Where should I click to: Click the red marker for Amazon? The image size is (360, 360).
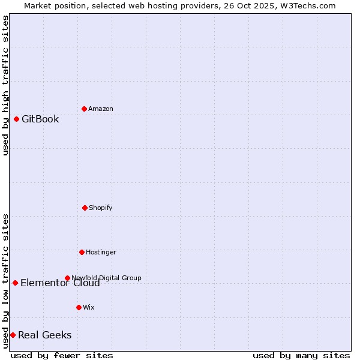pos(84,109)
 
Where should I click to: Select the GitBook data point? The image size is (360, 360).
pos(16,119)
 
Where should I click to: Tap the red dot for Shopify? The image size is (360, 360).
pos(85,208)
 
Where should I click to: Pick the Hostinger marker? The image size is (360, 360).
pos(82,252)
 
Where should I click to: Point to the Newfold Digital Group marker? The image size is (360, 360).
pos(67,278)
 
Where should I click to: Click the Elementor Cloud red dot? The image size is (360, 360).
pos(15,283)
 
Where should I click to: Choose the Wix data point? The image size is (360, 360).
pos(79,307)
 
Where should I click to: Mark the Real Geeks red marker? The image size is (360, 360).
pos(13,335)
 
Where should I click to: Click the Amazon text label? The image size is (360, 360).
pos(101,109)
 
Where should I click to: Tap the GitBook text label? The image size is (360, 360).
pos(40,119)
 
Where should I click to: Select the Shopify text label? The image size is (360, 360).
pos(101,208)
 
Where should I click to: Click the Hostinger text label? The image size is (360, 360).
pos(101,252)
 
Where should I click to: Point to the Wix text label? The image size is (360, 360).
pos(89,307)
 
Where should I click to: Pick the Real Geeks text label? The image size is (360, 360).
pos(44,335)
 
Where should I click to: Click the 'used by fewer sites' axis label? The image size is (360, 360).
pos(62,355)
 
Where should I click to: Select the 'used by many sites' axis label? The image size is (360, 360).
pos(301,355)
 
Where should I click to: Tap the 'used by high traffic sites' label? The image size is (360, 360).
pos(5,85)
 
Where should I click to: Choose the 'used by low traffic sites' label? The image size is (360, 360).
pos(5,281)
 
